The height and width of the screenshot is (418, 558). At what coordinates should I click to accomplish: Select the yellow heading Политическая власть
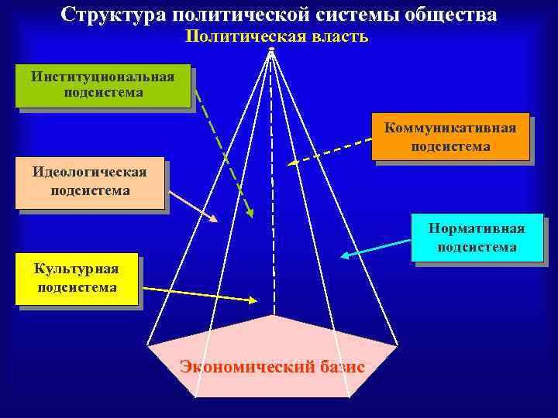point(277,36)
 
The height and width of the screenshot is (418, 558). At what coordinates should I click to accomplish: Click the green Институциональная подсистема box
point(103,85)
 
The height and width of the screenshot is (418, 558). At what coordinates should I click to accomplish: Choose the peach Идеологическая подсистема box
point(90,182)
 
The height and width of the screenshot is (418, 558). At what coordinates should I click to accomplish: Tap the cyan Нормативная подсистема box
point(477,238)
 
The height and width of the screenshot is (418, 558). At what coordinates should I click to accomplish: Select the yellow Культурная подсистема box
point(77,278)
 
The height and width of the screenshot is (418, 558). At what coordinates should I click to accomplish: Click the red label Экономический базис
point(272,366)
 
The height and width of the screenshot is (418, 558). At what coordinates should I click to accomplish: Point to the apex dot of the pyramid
point(271,50)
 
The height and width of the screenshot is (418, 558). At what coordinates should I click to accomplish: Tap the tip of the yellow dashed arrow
point(288,164)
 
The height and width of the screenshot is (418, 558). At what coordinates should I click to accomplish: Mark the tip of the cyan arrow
point(341,256)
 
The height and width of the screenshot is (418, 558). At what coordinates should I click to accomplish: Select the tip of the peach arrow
point(218,222)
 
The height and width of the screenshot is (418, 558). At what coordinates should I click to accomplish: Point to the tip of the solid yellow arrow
point(258,300)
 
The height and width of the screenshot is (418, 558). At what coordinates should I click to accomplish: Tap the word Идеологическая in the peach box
point(90,173)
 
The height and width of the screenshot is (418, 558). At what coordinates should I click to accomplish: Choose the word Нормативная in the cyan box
point(477,228)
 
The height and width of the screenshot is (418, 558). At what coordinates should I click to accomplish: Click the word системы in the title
point(357,15)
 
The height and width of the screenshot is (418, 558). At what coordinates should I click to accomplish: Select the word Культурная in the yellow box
point(77,269)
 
